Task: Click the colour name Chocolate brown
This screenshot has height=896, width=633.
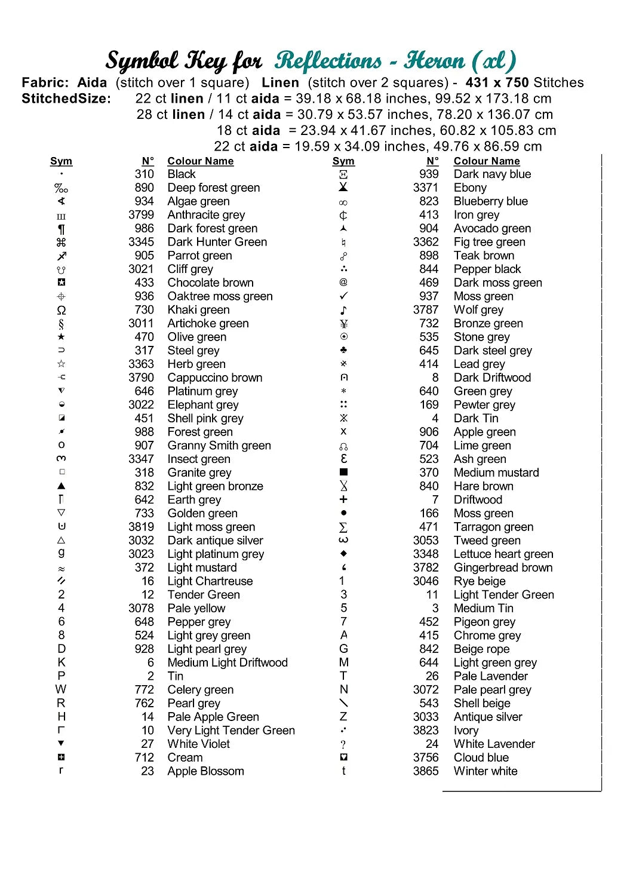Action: pyautogui.click(x=210, y=283)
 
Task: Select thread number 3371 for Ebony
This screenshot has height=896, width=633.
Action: pyautogui.click(x=425, y=188)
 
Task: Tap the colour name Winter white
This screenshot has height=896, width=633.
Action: pyautogui.click(x=485, y=771)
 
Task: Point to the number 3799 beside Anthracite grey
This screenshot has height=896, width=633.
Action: pyautogui.click(x=141, y=215)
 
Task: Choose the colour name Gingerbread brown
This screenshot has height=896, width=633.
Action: pyautogui.click(x=503, y=567)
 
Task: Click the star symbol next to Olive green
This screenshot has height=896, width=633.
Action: pyautogui.click(x=62, y=337)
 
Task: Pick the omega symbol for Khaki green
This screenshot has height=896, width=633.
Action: pyautogui.click(x=62, y=310)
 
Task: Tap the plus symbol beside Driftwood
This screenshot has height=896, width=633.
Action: pyautogui.click(x=343, y=499)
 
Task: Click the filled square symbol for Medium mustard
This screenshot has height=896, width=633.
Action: pyautogui.click(x=343, y=472)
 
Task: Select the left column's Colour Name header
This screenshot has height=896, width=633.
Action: pyautogui.click(x=200, y=161)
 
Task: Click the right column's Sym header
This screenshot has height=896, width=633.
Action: pyautogui.click(x=343, y=161)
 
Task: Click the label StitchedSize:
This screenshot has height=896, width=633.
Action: pyautogui.click(x=66, y=99)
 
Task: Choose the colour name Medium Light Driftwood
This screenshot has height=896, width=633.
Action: pyautogui.click(x=227, y=662)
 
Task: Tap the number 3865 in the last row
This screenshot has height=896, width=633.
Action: pyautogui.click(x=425, y=771)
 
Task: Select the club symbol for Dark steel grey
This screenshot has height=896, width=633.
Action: pyautogui.click(x=343, y=350)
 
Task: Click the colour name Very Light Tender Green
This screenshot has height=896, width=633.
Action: pyautogui.click(x=231, y=731)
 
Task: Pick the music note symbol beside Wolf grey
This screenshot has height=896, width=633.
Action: pyautogui.click(x=343, y=310)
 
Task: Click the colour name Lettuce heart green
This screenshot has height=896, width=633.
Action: pyautogui.click(x=503, y=554)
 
